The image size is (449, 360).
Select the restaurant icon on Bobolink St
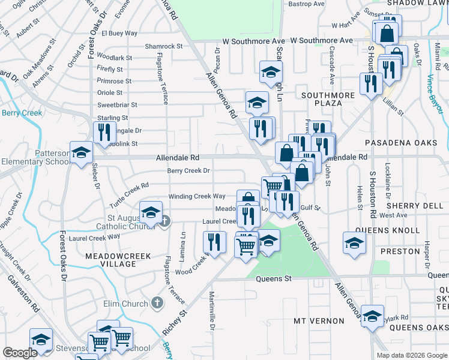point(105,132)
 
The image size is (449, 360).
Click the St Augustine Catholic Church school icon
point(151,212)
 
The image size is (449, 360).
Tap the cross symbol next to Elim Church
point(157,302)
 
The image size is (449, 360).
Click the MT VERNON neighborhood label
point(319,321)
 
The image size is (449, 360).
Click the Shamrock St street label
point(163,46)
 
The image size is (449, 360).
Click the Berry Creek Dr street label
point(188,170)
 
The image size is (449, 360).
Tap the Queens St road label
point(273,278)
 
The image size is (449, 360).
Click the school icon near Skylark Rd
point(372,316)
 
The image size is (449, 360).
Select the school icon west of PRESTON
point(354,243)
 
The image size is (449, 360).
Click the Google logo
point(20,353)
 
